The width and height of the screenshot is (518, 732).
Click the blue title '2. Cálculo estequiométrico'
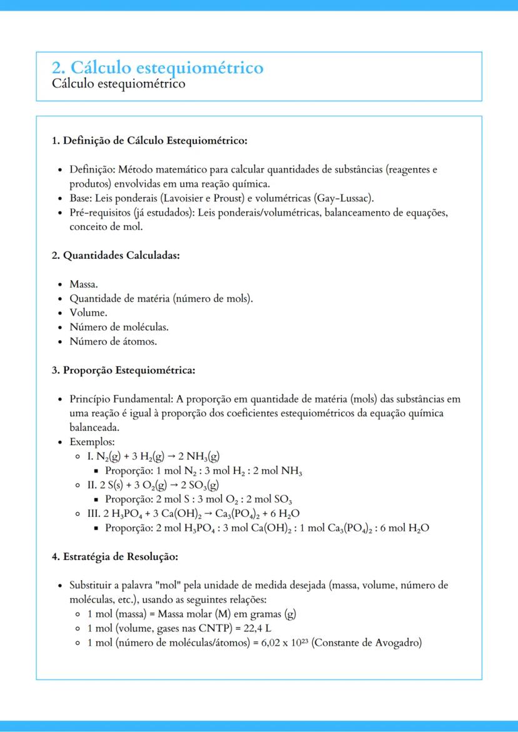tap(158, 68)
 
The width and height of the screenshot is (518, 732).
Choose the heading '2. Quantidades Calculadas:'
tap(116, 256)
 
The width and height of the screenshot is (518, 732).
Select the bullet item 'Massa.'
tap(84, 284)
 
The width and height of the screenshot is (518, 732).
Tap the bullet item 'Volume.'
tap(88, 313)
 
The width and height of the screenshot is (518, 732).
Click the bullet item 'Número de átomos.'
tap(113, 341)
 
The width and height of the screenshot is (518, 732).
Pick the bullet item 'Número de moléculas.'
tap(119, 327)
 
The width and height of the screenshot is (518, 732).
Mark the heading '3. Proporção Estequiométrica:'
tap(123, 370)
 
